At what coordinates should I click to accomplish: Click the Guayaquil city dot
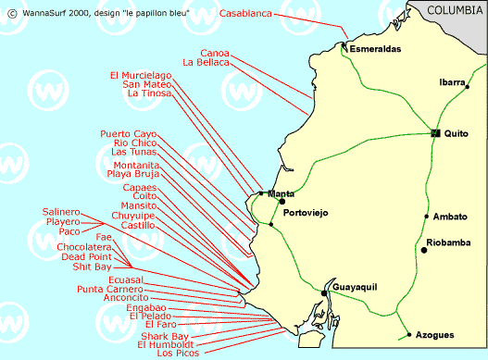click(324, 292)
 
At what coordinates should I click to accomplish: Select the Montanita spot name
click(131, 165)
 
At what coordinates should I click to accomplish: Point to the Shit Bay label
click(92, 267)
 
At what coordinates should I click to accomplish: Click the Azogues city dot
click(408, 334)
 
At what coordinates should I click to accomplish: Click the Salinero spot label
click(61, 212)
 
